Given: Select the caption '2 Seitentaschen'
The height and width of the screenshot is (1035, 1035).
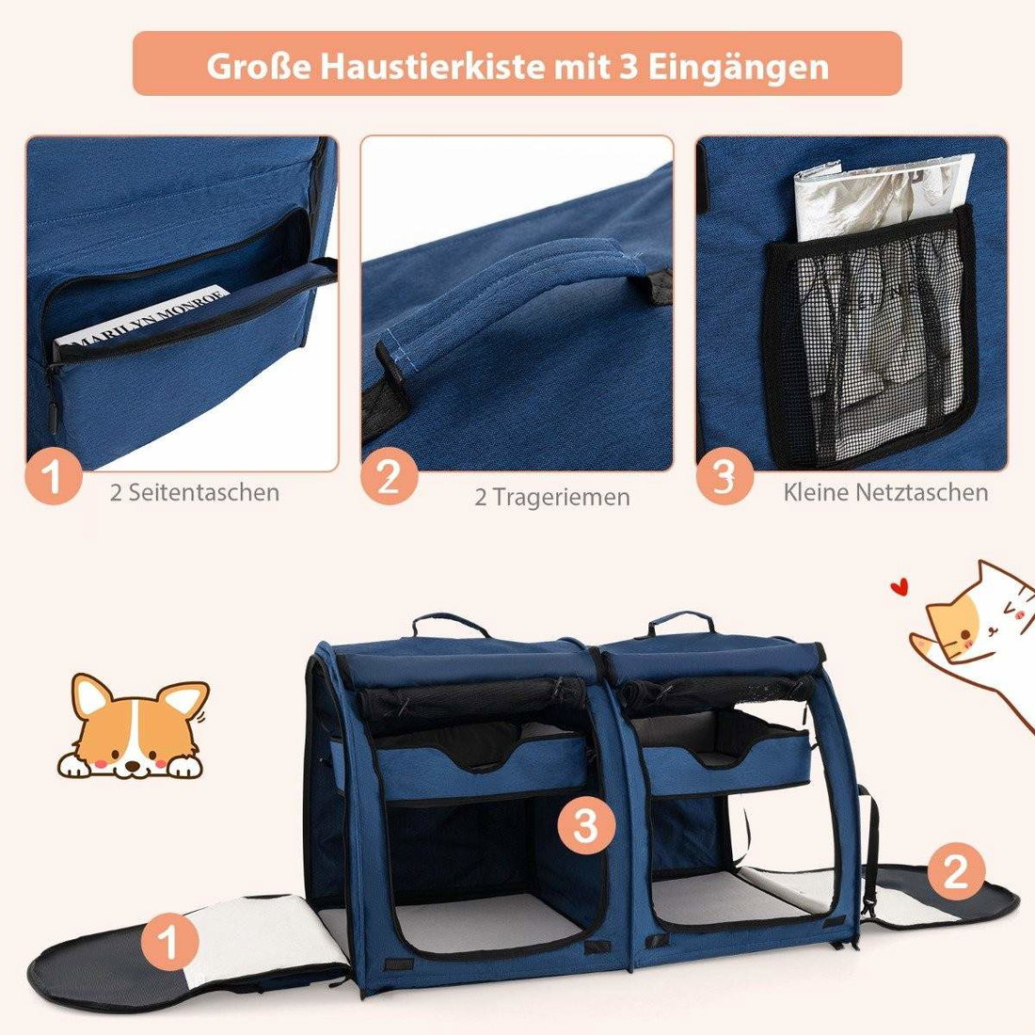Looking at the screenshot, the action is [x=195, y=492].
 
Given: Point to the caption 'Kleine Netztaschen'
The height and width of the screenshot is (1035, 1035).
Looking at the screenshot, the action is [x=885, y=492].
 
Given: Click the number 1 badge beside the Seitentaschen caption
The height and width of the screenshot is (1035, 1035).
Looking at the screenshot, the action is [x=55, y=477].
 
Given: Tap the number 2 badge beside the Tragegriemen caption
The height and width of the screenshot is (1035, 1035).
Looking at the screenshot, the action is [x=389, y=477].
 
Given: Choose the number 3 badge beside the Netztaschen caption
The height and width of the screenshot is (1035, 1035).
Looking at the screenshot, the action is [x=724, y=477].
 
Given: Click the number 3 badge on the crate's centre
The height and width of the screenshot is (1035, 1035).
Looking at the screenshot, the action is [x=585, y=826].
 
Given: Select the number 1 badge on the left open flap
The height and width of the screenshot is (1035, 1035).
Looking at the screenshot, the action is [x=170, y=942].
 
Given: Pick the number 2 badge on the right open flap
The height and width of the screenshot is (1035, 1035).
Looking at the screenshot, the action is [x=956, y=871].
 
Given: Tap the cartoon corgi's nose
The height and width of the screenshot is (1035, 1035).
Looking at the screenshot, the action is [x=134, y=766].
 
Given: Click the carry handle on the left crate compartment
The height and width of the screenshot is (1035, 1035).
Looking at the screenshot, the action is [x=453, y=624].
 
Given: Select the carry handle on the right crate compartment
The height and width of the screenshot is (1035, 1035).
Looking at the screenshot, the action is [x=680, y=621].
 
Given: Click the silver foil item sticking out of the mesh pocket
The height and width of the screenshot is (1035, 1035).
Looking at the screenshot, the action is [x=884, y=197].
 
